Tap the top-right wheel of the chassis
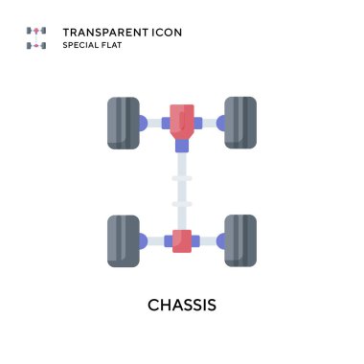pos(239,123)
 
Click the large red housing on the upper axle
pos(181,121)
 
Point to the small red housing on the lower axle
pos(181,240)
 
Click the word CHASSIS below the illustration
pos(182,306)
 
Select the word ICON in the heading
pos(165,33)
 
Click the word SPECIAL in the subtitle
pos(81,46)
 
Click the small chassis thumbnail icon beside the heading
pos(36,38)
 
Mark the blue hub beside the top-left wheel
pos(143,123)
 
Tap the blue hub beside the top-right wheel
pos(220,123)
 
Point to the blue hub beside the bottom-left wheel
pos(143,240)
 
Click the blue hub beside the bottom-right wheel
pos(220,240)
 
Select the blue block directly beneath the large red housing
pos(181,147)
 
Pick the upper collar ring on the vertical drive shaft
pos(181,178)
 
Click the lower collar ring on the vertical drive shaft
pos(181,203)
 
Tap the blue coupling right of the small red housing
pos(197,240)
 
